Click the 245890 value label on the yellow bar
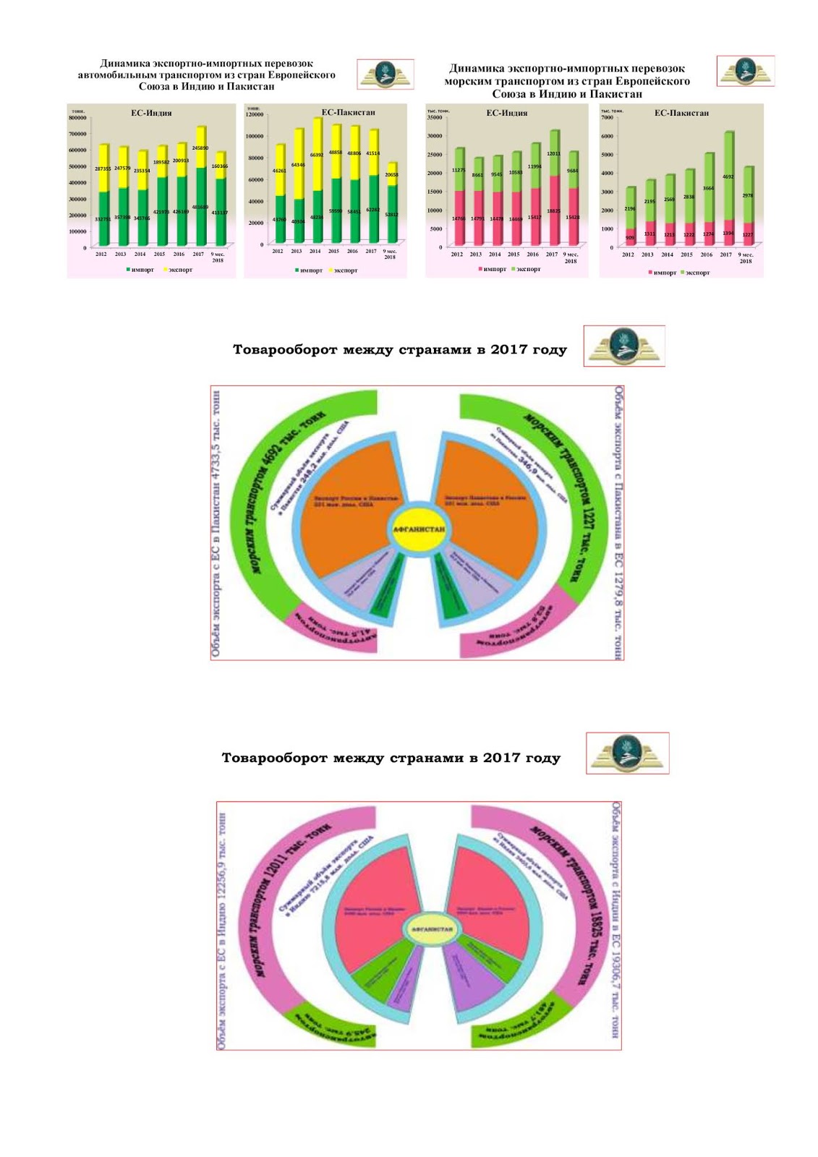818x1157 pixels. (200, 148)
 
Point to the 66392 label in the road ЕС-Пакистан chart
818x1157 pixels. (316, 155)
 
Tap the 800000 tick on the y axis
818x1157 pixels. (77, 117)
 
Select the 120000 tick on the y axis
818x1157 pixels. (255, 115)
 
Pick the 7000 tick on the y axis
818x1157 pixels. (608, 117)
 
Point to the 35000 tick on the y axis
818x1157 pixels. (434, 117)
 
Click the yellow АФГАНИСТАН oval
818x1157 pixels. (419, 529)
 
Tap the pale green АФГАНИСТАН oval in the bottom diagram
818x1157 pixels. (432, 929)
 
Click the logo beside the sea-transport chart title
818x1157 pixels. (745, 72)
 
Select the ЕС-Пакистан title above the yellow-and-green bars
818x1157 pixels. (348, 112)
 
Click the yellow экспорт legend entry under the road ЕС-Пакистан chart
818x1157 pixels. (343, 270)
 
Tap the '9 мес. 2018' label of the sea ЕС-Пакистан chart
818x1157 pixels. (745, 257)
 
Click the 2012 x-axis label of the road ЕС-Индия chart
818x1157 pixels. (101, 255)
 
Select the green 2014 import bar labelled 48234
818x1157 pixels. (315, 216)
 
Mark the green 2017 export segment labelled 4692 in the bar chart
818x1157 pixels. (728, 176)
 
